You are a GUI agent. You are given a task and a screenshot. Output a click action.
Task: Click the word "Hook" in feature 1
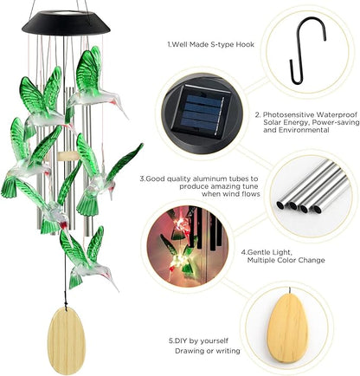(245, 44)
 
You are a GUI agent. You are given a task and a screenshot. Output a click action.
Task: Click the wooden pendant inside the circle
(287, 328)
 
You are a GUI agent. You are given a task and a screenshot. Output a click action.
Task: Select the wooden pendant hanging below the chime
(67, 340)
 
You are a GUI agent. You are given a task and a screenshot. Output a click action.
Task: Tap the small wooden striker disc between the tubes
(68, 156)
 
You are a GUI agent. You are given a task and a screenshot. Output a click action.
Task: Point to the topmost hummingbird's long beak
(122, 111)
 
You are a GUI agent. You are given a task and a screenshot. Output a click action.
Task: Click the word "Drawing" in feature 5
(189, 351)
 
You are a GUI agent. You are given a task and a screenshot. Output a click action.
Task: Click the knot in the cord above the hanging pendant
(67, 303)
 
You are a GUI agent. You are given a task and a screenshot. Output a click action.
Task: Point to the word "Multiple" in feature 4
(260, 260)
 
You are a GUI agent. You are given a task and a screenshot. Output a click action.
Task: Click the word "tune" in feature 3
(251, 186)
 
